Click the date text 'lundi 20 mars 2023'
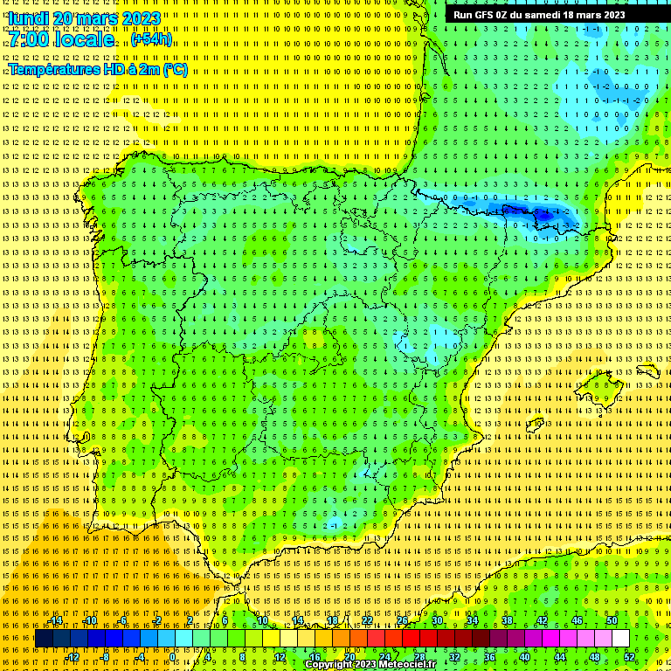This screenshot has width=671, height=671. point(84,18)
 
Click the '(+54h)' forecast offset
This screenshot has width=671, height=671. point(151,40)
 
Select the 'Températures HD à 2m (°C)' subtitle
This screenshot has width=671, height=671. point(98,69)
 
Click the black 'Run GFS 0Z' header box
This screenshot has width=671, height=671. point(539,15)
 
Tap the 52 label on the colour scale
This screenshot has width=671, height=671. point(629,657)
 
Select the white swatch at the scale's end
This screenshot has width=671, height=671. point(620,639)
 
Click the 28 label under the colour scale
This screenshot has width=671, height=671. point(419,657)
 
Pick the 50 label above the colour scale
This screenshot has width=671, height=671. point(612,620)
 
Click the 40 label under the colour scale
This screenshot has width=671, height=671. point(524,657)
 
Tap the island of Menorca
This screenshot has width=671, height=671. point(647,371)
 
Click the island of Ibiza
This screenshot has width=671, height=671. point(532,425)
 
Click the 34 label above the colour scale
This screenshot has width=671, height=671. point(472,620)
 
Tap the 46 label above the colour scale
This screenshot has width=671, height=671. point(577,620)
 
